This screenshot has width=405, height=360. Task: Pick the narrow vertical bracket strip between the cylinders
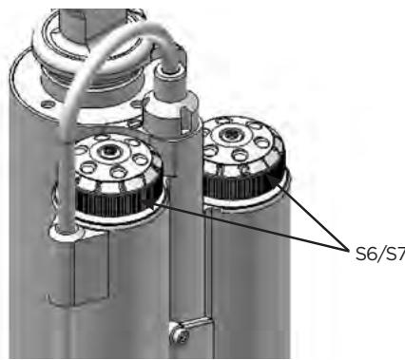[x=173, y=285]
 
